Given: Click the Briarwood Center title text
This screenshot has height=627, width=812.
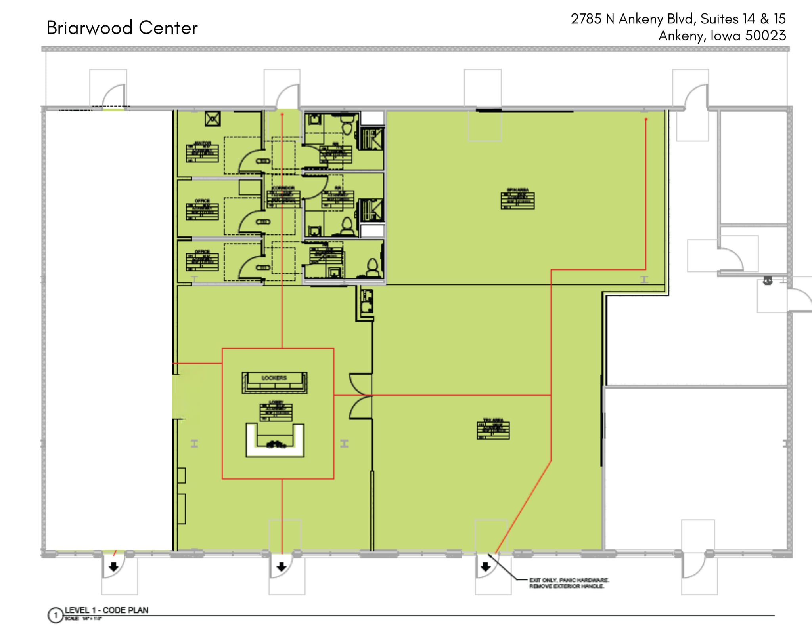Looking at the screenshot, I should click(122, 28).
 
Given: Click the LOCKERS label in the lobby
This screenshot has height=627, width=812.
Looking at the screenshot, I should click(274, 378).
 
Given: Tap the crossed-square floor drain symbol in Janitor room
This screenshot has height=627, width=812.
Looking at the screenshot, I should click(213, 119).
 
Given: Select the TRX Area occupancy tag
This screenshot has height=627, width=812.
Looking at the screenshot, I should click(493, 430).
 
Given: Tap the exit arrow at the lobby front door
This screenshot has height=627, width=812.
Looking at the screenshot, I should click(282, 567).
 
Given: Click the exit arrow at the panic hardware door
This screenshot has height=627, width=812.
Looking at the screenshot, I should click(485, 567).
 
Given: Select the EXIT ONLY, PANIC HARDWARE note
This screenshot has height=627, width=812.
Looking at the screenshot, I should click(569, 583).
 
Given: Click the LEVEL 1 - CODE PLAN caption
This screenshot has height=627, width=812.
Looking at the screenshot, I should click(107, 610).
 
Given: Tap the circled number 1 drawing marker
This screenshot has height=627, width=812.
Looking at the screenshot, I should click(56, 615).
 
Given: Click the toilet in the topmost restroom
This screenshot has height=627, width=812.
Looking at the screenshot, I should click(347, 126).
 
